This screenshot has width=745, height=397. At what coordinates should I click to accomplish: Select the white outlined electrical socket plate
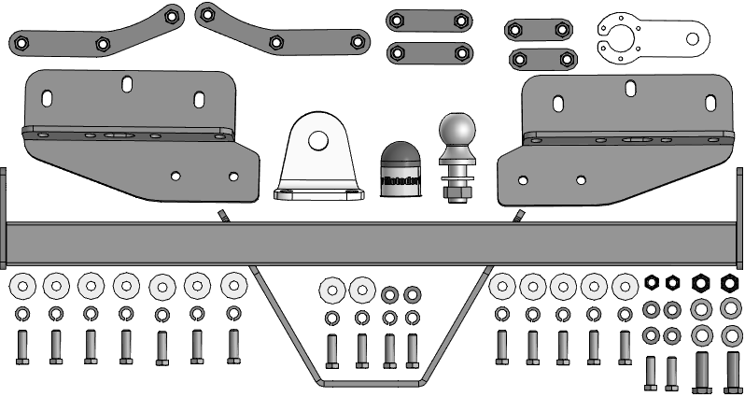[x=644, y=38]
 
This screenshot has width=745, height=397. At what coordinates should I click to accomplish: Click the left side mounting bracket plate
[x=140, y=131]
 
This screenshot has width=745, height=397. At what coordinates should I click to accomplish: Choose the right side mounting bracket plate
[x=611, y=137]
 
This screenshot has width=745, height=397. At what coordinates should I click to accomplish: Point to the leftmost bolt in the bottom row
[x=22, y=347]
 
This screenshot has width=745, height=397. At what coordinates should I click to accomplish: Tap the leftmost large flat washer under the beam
[x=22, y=286]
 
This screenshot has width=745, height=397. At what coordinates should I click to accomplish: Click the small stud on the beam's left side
[x=223, y=216]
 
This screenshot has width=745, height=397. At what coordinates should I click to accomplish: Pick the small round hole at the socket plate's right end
[x=693, y=38]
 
